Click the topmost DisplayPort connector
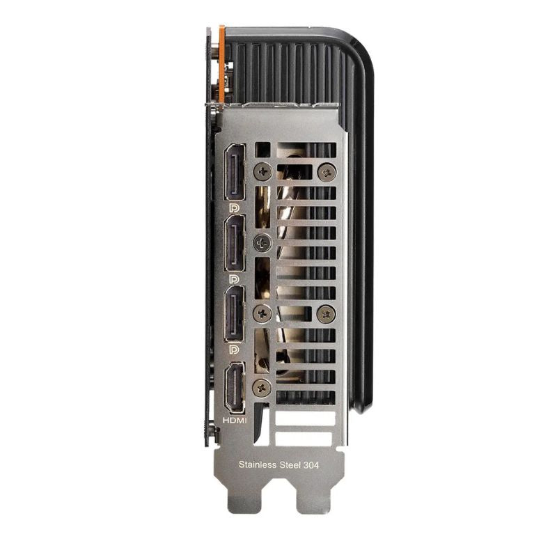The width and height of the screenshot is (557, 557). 235,171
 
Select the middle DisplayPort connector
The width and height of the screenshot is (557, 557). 235,243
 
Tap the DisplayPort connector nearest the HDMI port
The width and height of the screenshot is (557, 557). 235,314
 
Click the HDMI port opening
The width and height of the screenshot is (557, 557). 235,388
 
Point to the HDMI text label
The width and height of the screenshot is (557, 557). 235,421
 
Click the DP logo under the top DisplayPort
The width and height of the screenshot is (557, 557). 235,207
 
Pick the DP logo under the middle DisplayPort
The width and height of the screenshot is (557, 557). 235,279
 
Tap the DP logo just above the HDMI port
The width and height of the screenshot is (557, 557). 235,350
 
